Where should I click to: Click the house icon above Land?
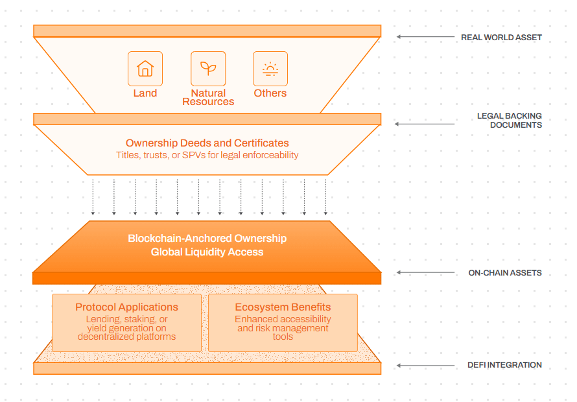point(145,69)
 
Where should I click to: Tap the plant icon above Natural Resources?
point(208,68)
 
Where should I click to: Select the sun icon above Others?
point(270,69)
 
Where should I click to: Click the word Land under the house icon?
point(145,93)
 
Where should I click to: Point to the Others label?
point(270,93)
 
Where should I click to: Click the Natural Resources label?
point(208,97)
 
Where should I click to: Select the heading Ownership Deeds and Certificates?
point(207,143)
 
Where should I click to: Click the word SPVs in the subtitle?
point(194,155)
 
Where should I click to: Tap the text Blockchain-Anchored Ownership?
point(207,238)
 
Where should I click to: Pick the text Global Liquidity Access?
point(207,252)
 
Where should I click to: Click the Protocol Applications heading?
point(126,307)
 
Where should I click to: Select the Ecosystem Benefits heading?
point(283,307)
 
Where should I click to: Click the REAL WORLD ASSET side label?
point(501,38)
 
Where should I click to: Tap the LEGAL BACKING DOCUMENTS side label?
point(510,121)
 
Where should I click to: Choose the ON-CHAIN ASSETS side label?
point(505,273)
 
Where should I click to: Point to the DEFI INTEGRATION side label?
point(504,365)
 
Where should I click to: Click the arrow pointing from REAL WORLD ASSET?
point(425,37)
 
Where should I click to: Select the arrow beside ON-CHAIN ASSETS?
point(425,272)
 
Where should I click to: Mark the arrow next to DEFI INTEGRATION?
point(425,366)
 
